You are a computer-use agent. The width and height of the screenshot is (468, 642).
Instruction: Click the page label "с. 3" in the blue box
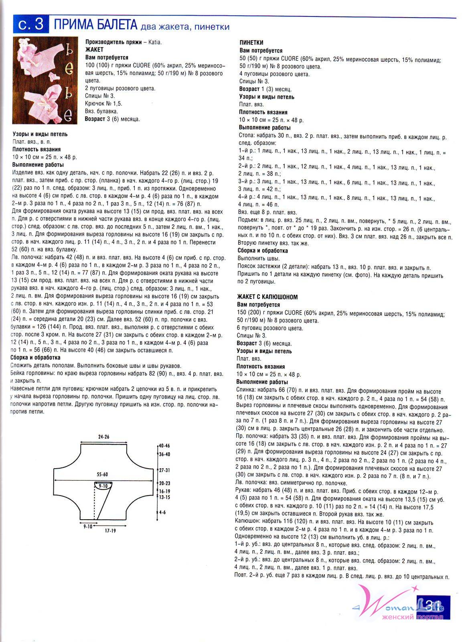point(30,25)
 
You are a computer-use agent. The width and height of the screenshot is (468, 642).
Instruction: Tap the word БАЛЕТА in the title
point(113,25)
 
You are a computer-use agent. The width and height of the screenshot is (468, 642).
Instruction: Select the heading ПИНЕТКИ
point(251,43)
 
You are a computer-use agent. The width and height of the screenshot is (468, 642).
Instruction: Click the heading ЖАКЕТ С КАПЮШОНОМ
point(267,297)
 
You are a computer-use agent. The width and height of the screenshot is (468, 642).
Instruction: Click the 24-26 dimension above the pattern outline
point(103,436)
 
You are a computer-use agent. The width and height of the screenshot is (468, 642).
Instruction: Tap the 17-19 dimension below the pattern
point(110,530)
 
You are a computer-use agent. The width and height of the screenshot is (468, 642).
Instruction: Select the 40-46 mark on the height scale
point(164,446)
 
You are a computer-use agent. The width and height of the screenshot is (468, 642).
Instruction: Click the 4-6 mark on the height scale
point(162,512)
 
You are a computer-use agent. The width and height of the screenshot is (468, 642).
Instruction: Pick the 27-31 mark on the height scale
point(164,470)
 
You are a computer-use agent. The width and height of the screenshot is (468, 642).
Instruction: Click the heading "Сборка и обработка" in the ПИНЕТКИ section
point(263,251)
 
